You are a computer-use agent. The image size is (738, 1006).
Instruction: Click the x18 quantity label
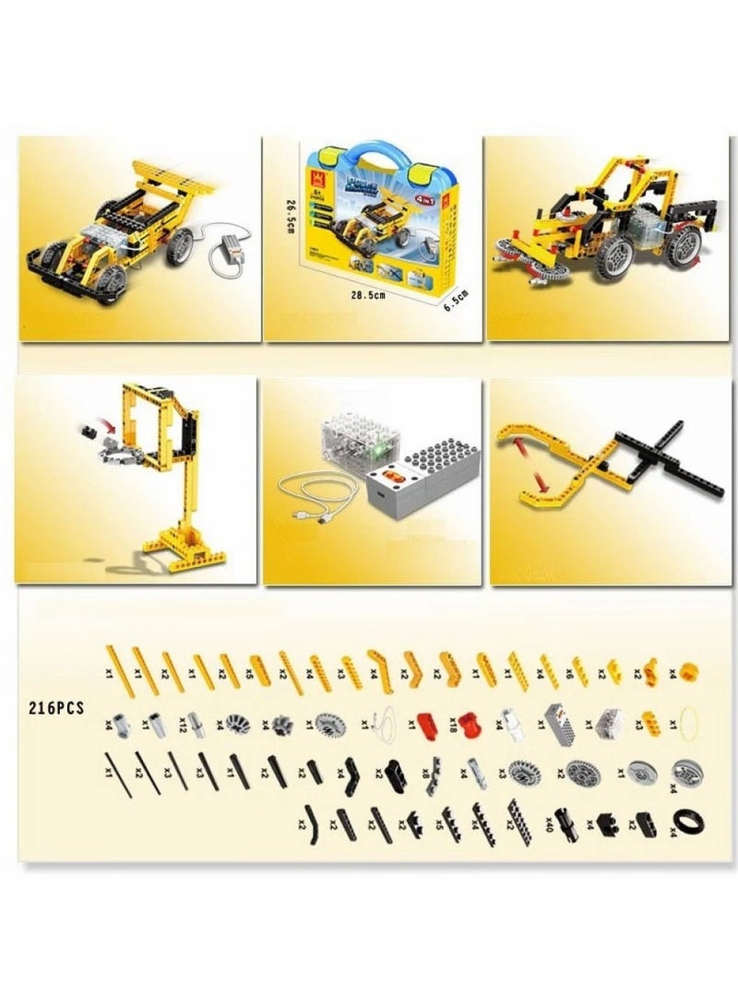point(454,722)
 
